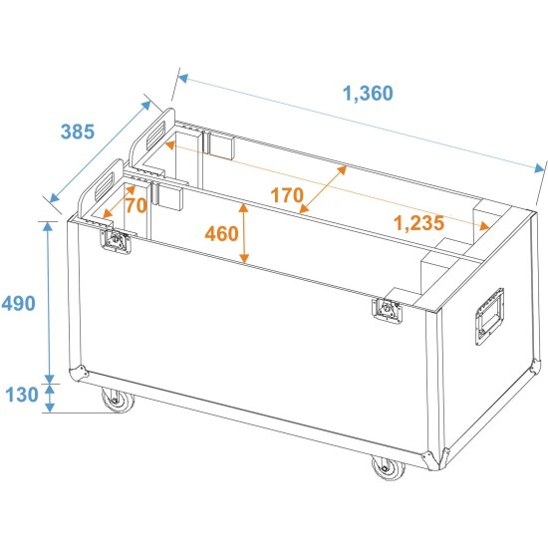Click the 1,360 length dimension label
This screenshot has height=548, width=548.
coord(368,94)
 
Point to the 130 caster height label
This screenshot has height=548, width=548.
coord(22,396)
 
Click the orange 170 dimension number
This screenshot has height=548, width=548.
coord(286,194)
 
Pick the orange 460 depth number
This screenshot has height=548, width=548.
coord(220,234)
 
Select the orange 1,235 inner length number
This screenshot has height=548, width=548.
coord(418,223)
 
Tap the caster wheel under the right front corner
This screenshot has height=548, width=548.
coord(383,466)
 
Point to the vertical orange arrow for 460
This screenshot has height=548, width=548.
coord(244,233)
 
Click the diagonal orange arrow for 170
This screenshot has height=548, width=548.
coord(323,188)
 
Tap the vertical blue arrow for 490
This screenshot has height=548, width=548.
coord(48,299)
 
